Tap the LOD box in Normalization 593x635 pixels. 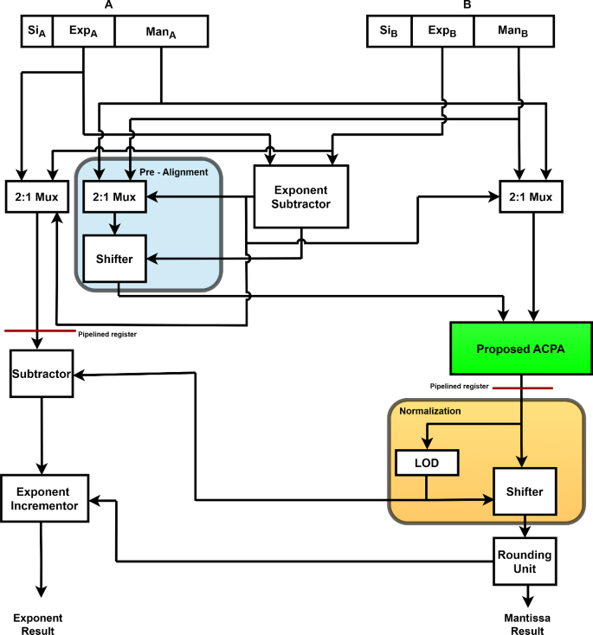tap(426, 464)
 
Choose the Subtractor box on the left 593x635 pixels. tap(42, 375)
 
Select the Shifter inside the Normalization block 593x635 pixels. tap(524, 491)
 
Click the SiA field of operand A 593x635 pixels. tap(36, 31)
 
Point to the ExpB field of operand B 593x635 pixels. tap(441, 31)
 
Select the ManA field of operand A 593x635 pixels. tap(161, 31)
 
